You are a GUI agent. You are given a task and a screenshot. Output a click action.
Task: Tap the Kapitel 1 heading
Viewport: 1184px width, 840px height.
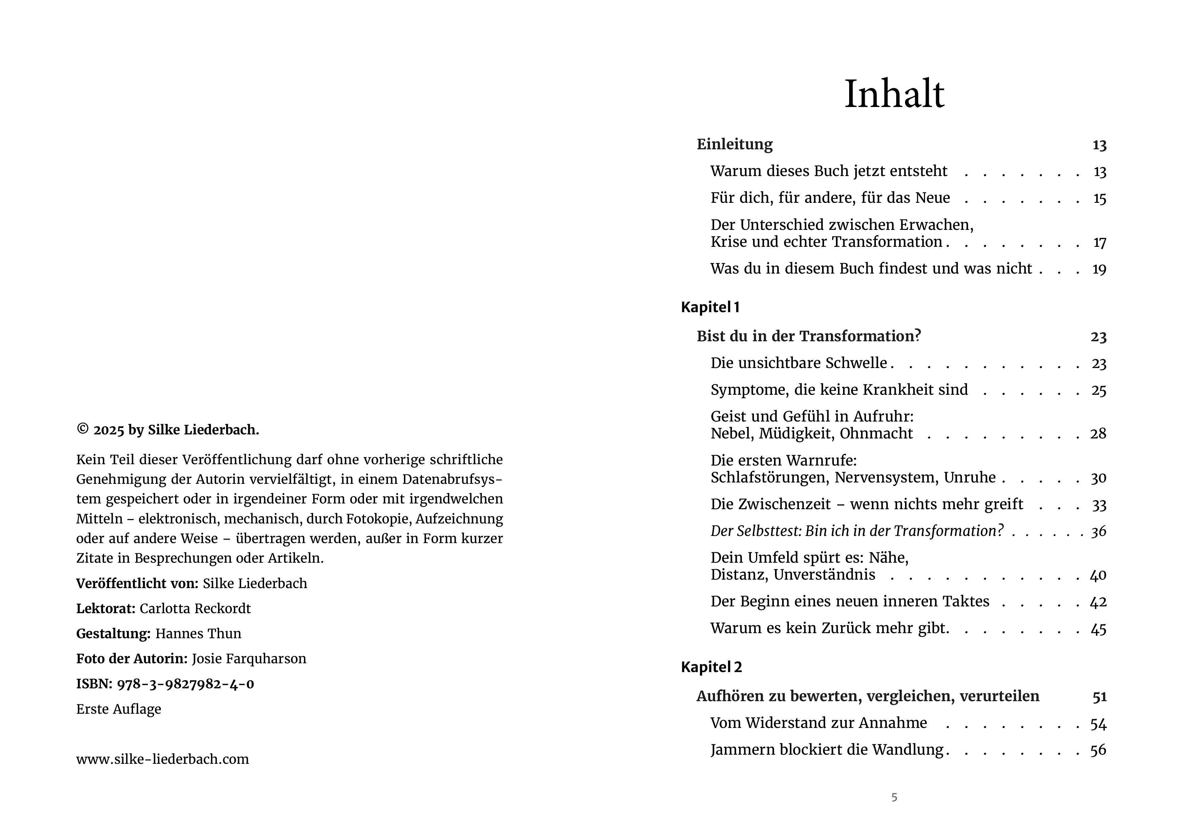click(x=710, y=307)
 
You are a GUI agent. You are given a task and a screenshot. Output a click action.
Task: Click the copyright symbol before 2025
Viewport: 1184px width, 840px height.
click(x=82, y=429)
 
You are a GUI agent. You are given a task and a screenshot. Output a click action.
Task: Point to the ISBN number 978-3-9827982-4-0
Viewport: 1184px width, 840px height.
click(x=185, y=684)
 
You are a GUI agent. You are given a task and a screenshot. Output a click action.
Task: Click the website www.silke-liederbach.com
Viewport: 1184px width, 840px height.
click(x=163, y=759)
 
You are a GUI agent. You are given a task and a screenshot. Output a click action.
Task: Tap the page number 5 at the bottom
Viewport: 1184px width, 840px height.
click(x=894, y=797)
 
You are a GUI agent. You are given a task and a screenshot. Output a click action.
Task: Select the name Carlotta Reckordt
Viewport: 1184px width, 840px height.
click(x=195, y=608)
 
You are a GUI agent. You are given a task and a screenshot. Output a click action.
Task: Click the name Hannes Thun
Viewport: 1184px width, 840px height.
click(x=198, y=633)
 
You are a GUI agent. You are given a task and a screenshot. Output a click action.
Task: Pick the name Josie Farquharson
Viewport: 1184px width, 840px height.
click(x=249, y=659)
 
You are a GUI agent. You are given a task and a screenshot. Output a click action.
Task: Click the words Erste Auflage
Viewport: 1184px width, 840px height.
click(x=119, y=709)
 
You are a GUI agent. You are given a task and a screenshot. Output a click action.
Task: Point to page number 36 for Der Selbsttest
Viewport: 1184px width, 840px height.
click(x=1098, y=531)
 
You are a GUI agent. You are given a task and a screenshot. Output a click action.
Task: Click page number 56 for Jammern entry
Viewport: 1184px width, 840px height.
click(x=1098, y=750)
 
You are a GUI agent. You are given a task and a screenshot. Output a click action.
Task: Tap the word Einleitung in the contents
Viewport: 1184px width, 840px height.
click(x=734, y=144)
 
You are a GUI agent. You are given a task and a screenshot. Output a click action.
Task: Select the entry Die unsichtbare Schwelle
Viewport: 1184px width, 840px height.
click(x=799, y=363)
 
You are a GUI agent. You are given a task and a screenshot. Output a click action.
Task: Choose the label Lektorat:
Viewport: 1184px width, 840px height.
click(x=106, y=608)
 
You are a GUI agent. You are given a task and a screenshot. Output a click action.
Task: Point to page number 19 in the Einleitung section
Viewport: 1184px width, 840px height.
click(x=1099, y=269)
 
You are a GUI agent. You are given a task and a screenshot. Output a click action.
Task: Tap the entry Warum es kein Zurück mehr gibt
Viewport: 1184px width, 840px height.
click(x=829, y=628)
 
